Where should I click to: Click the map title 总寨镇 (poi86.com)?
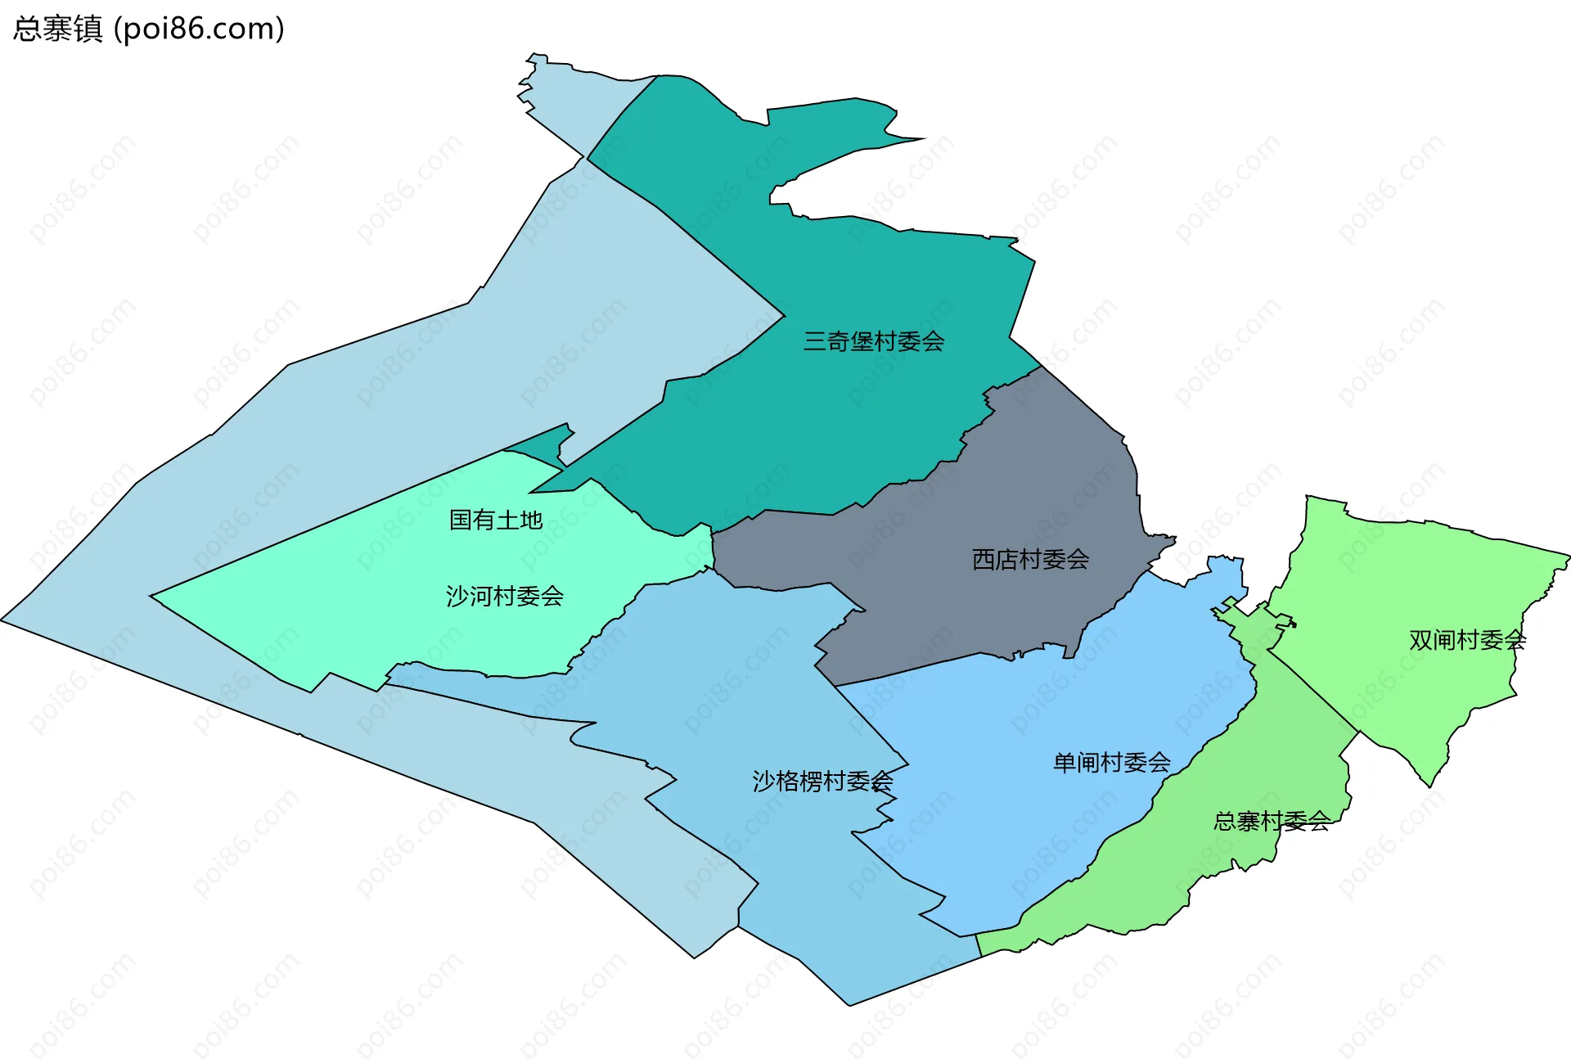(x=149, y=29)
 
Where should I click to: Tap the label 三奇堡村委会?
(x=873, y=341)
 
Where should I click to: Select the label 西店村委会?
(x=1030, y=560)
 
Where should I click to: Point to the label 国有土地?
(x=496, y=520)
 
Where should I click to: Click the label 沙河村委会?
(x=504, y=596)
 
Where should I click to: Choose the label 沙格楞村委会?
(x=822, y=782)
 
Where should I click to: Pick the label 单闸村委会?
(x=1111, y=763)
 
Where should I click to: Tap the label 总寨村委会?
(x=1271, y=821)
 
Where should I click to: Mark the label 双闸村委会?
(x=1467, y=640)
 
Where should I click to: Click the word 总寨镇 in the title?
(x=57, y=29)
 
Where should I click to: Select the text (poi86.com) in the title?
(x=200, y=29)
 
